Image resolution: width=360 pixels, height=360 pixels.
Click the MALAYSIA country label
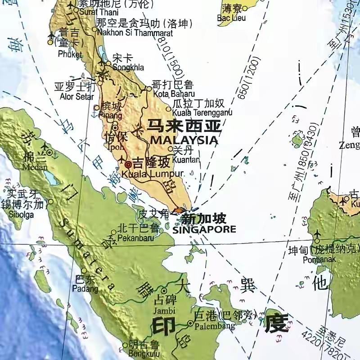184,140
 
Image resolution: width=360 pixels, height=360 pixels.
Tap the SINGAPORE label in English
204,229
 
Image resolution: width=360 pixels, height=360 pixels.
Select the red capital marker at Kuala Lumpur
128,165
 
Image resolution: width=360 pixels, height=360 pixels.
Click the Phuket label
70,54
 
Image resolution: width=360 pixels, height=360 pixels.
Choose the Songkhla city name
129,67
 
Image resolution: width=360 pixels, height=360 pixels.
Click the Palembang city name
211,324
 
